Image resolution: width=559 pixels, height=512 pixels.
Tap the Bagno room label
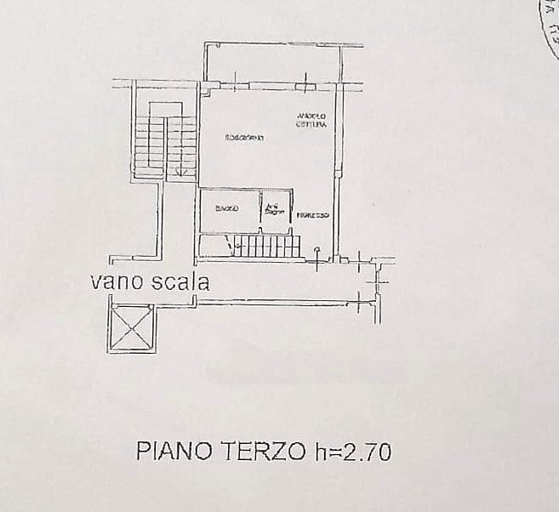click(226, 209)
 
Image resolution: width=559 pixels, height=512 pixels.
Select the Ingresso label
click(313, 216)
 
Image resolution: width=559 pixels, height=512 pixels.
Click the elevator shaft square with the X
click(131, 327)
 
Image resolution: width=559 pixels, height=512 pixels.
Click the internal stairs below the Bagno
click(269, 247)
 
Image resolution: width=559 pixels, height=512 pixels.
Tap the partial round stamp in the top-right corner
click(550, 26)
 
